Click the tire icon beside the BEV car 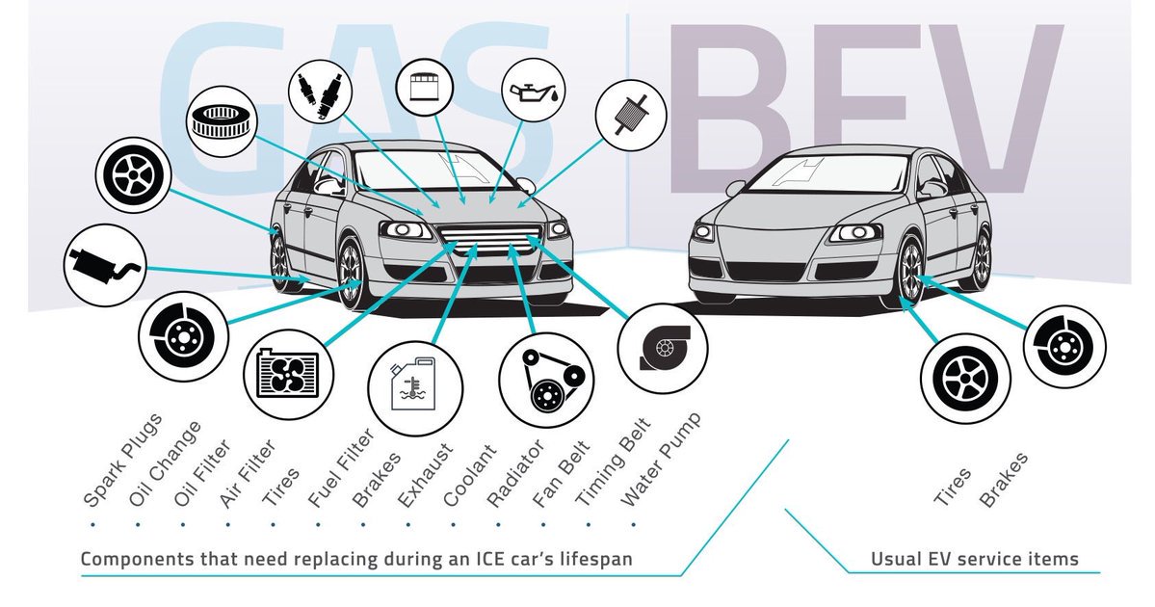962,379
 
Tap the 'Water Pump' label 660,461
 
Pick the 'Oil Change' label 165,463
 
